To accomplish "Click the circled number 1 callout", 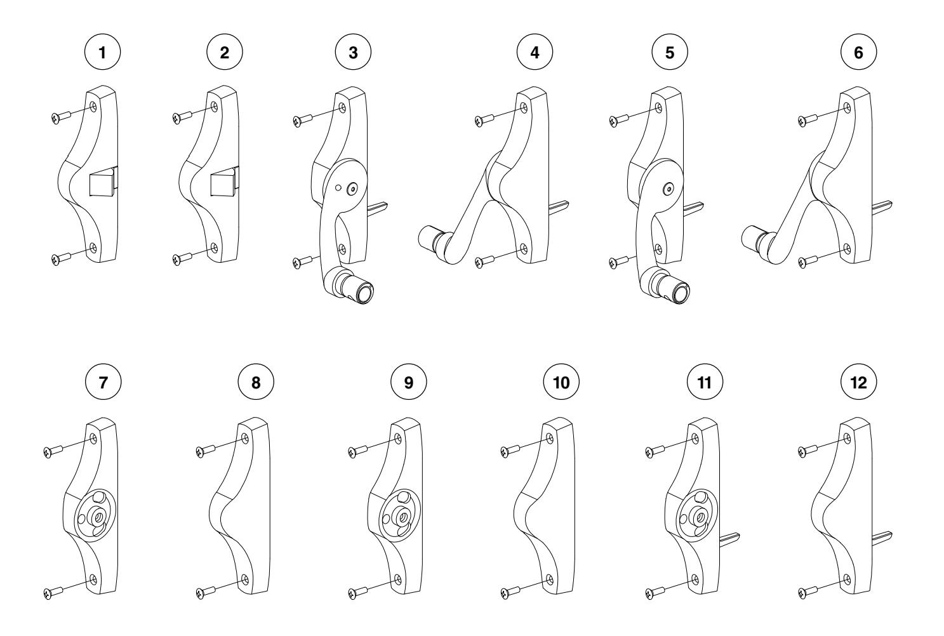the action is pyautogui.click(x=102, y=52).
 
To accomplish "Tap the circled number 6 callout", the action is pyautogui.click(x=858, y=52).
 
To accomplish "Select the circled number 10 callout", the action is pyautogui.click(x=561, y=382).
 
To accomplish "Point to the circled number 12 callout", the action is pyautogui.click(x=858, y=382).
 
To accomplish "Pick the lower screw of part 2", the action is pyautogui.click(x=182, y=258).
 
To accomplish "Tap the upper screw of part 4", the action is pyautogui.click(x=484, y=120).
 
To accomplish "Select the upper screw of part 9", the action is pyautogui.click(x=358, y=451).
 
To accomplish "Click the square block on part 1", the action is pyautogui.click(x=104, y=182).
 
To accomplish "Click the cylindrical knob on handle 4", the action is pyautogui.click(x=429, y=239).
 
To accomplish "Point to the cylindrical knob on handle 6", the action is pyautogui.click(x=752, y=239).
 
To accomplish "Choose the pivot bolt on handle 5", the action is pyautogui.click(x=669, y=189).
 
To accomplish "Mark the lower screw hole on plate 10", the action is pyautogui.click(x=550, y=580).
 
